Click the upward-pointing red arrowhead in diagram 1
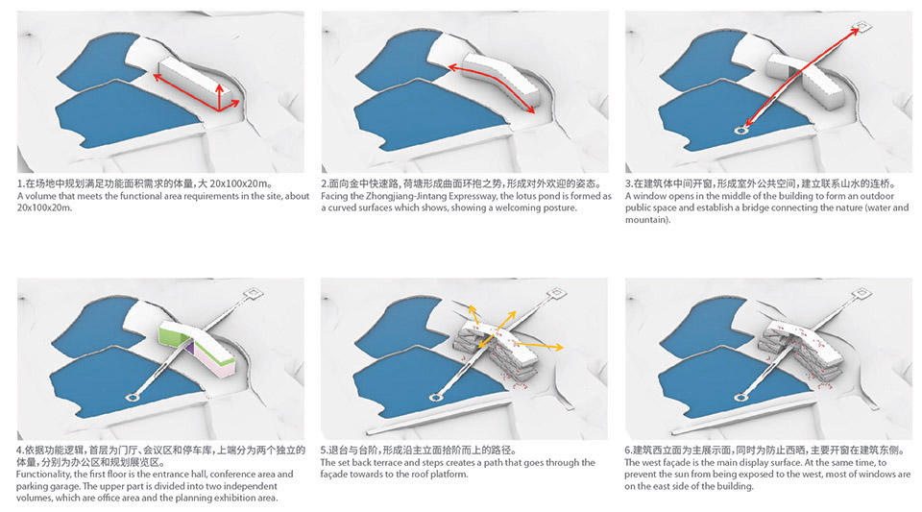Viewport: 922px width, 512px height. [219, 88]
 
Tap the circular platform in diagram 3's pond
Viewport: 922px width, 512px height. [740, 130]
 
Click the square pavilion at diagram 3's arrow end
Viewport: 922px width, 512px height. [862, 27]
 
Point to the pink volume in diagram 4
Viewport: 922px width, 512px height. [216, 364]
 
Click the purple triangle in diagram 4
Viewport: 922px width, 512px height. [189, 348]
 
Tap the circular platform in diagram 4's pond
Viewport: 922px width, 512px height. [133, 398]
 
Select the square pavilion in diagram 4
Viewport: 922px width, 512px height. [254, 292]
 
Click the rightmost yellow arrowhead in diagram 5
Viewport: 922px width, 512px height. [559, 348]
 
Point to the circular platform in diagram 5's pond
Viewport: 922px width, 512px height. [436, 398]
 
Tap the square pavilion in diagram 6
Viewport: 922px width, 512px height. [862, 292]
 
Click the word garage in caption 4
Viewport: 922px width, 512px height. [66, 486]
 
